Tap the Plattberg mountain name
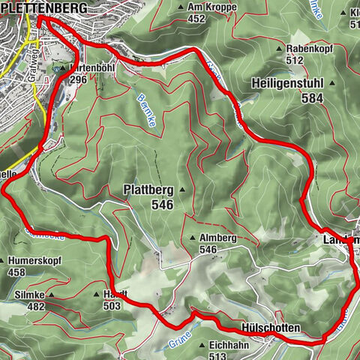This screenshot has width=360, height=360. pyautogui.click(x=148, y=190)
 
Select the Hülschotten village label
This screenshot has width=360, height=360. pyautogui.click(x=271, y=328)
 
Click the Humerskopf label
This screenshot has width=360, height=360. pyautogui.click(x=36, y=261)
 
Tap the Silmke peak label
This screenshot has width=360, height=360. pyautogui.click(x=28, y=295)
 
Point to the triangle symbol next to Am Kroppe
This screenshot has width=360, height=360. pyautogui.click(x=181, y=7)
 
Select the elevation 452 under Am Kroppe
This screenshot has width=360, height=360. pyautogui.click(x=197, y=19)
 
